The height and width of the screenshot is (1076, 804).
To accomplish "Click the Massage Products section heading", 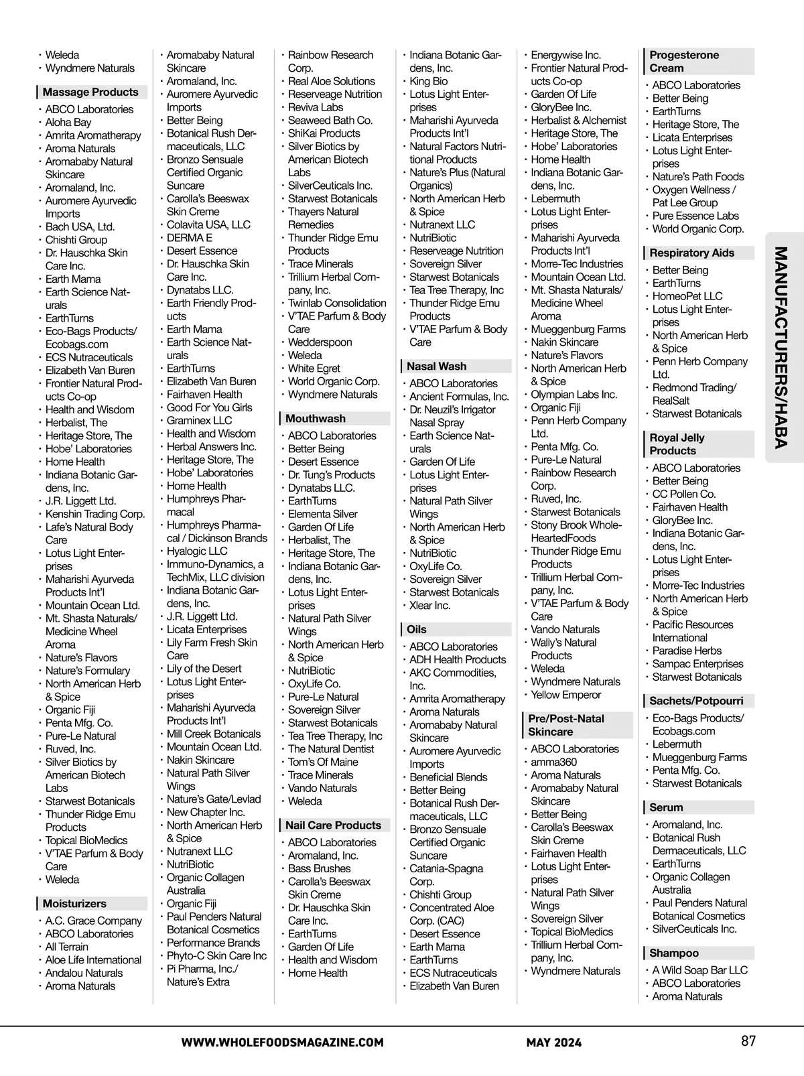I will pyautogui.click(x=90, y=92).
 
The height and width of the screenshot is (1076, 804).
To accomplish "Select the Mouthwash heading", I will pyautogui.click(x=316, y=419).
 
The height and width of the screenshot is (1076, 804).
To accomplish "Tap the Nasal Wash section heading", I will pyautogui.click(x=436, y=366).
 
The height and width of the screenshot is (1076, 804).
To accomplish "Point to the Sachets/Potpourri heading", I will pyautogui.click(x=696, y=701).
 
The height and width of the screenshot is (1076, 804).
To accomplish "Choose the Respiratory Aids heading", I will pyautogui.click(x=692, y=253).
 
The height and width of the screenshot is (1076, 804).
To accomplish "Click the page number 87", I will pyautogui.click(x=748, y=1041).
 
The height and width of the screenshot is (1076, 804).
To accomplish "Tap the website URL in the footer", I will pyautogui.click(x=282, y=1043).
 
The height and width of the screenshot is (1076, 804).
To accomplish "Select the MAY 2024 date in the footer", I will pyautogui.click(x=553, y=1043).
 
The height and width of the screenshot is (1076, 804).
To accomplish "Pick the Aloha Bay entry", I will pyautogui.click(x=68, y=123).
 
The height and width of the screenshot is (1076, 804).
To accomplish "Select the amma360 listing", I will pyautogui.click(x=553, y=762).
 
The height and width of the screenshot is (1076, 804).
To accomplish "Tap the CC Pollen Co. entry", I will pyautogui.click(x=684, y=494).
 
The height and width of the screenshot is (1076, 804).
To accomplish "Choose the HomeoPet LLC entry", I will pyautogui.click(x=687, y=296).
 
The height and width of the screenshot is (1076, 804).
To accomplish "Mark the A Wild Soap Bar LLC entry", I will pyautogui.click(x=700, y=970).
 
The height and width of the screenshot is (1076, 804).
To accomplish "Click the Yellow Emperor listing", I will pyautogui.click(x=566, y=695).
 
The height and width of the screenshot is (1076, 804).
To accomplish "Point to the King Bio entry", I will pyautogui.click(x=429, y=81).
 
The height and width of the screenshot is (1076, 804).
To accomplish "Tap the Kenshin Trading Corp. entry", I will pyautogui.click(x=95, y=515).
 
